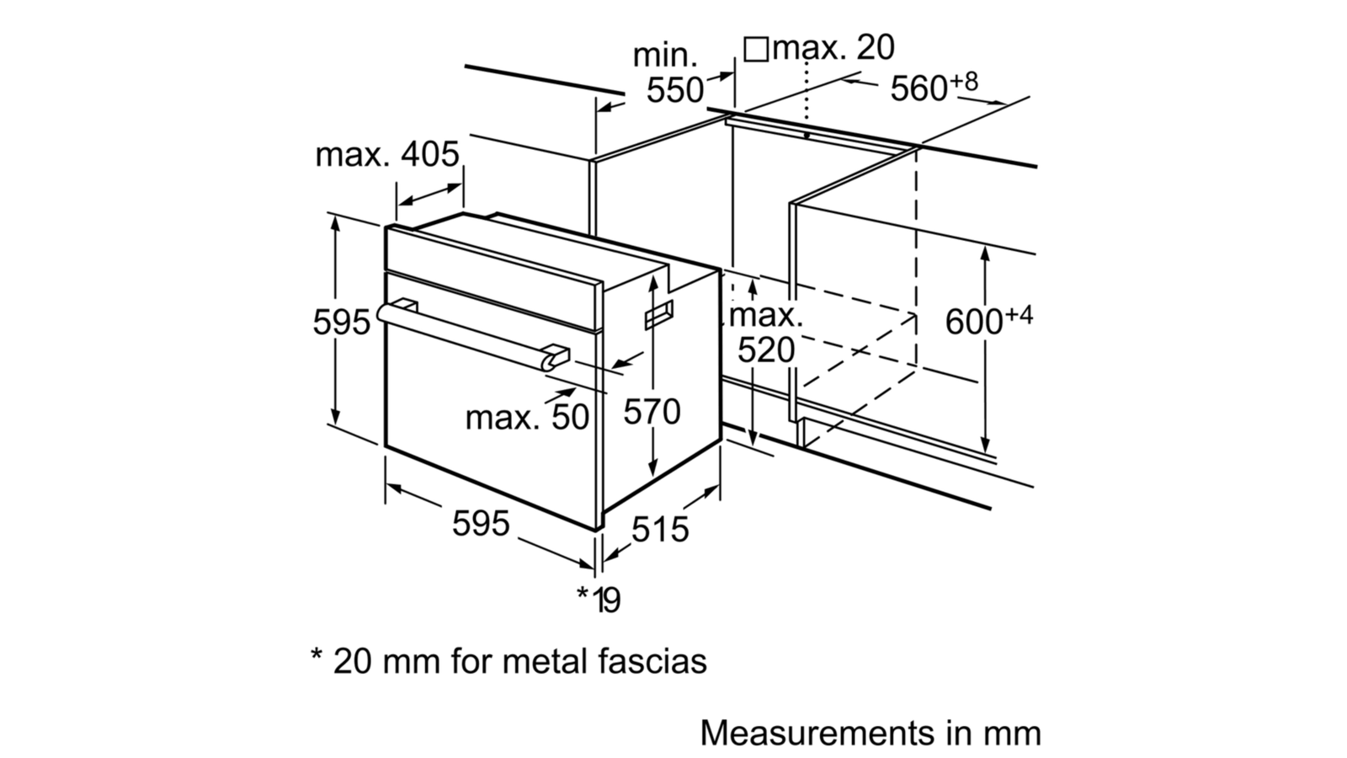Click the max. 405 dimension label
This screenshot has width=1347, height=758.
[386, 155]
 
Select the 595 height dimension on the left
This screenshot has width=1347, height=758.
[341, 323]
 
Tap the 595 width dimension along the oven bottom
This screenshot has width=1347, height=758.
[481, 523]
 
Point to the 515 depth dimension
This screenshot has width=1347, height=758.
[660, 529]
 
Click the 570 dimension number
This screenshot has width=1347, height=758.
[652, 412]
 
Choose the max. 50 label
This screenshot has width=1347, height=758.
[527, 417]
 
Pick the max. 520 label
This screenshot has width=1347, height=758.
[766, 333]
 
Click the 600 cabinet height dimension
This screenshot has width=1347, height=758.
[973, 322]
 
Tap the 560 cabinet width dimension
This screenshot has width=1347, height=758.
[918, 88]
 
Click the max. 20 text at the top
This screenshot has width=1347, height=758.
[833, 47]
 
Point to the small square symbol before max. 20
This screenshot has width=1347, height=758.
[757, 50]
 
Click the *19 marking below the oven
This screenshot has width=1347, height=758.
[599, 599]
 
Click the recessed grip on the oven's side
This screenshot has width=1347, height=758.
[659, 315]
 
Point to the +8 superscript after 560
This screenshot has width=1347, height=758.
[964, 81]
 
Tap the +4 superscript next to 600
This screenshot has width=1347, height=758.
[1019, 315]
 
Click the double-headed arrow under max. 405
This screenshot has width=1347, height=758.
[430, 195]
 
